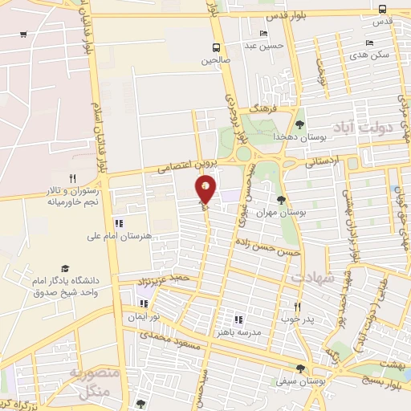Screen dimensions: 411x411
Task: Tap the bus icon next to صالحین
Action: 216,47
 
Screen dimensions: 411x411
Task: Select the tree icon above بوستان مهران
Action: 280,200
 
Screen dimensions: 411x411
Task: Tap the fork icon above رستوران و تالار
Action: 72,178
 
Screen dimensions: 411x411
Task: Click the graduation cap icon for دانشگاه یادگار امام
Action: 65,269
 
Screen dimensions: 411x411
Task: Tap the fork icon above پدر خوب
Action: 297,307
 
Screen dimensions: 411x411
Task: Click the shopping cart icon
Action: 23,35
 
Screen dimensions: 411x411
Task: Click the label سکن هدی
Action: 370,55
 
